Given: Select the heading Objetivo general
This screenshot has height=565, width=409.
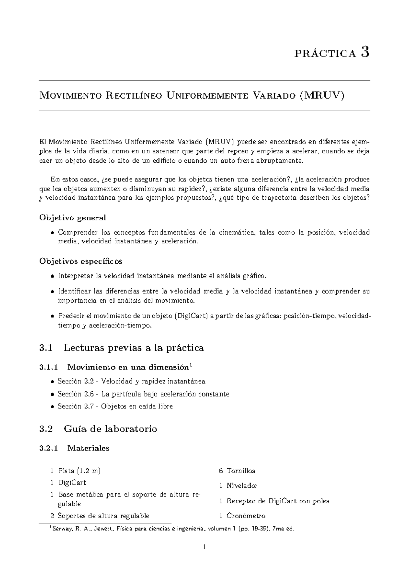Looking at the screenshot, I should tap(73, 218).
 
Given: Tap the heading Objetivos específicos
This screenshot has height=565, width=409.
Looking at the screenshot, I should tap(81, 261).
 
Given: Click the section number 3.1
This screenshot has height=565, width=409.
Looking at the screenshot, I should tap(46, 348).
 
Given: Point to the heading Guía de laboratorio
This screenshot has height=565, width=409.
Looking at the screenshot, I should tap(110, 429).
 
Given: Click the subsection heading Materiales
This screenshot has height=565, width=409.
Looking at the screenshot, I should tap(88, 448).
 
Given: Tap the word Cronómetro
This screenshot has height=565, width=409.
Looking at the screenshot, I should tap(246, 516).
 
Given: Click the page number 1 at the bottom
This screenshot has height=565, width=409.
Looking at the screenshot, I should tap(204, 548).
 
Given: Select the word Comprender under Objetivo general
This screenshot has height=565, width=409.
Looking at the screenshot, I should tap(77, 233).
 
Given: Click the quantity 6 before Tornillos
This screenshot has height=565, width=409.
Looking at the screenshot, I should tap(221, 471).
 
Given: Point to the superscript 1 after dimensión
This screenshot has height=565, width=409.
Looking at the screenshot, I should tap(191, 366).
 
